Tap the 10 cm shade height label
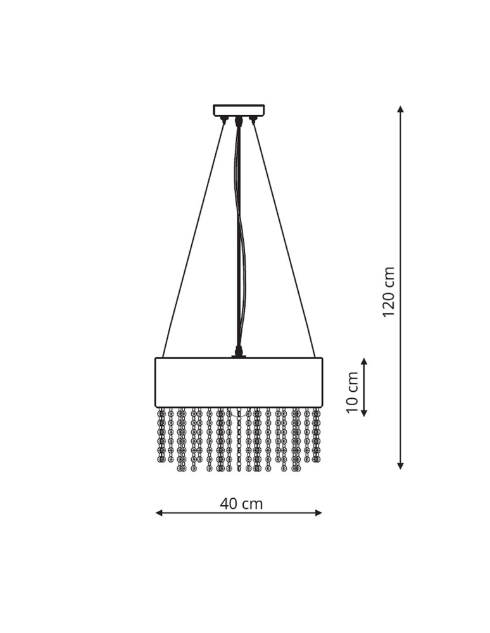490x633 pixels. (x=353, y=392)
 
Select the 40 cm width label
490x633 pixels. (x=241, y=503)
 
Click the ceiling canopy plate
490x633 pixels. (x=239, y=110)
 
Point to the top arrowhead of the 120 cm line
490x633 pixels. (x=400, y=110)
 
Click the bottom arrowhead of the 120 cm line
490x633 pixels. (x=400, y=465)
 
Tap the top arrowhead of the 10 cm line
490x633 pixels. (x=364, y=361)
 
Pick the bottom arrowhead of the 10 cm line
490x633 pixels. (x=364, y=412)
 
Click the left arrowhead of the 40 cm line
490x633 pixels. (x=160, y=513)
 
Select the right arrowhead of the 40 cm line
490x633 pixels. (x=318, y=513)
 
